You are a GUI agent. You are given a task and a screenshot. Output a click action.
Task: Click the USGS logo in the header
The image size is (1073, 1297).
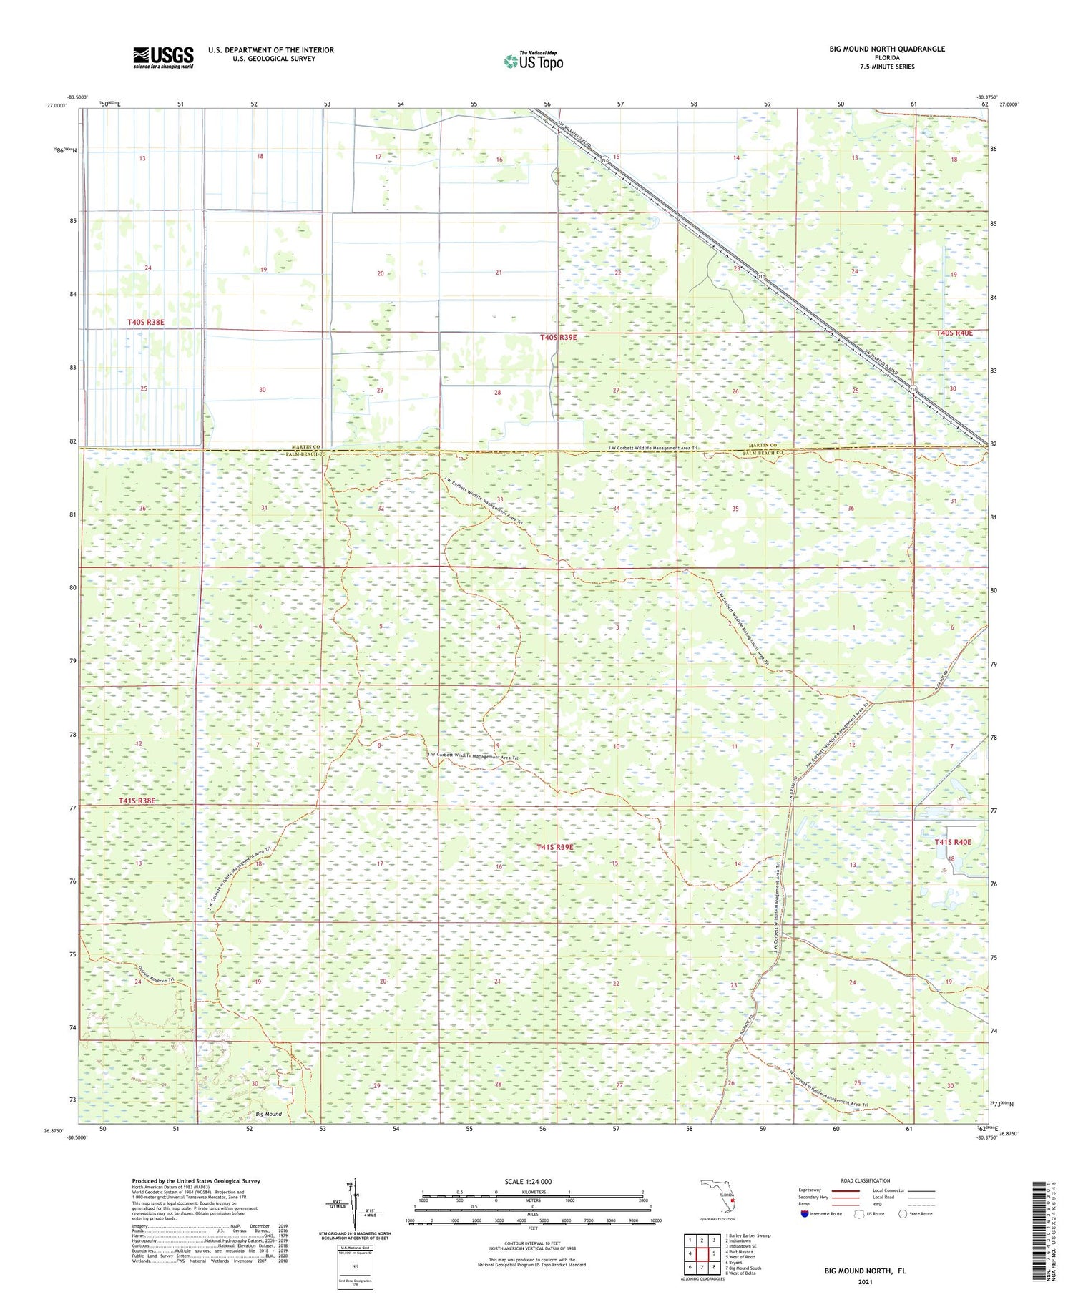pyautogui.click(x=163, y=57)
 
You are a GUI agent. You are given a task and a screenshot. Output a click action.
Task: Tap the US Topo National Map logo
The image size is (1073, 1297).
pyautogui.click(x=534, y=61)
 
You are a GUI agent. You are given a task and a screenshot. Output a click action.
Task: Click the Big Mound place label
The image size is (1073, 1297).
pyautogui.click(x=269, y=1114)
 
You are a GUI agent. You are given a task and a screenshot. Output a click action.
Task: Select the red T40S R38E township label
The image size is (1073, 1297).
pyautogui.click(x=146, y=323)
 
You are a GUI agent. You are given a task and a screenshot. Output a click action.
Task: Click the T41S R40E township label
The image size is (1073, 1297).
pyautogui.click(x=953, y=842)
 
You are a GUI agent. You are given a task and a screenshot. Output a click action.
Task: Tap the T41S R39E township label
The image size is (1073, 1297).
pyautogui.click(x=555, y=847)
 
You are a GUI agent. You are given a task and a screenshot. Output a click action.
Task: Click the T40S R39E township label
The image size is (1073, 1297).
pyautogui.click(x=559, y=337)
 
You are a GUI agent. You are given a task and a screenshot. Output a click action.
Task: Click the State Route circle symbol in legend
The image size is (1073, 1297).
pyautogui.click(x=903, y=1213)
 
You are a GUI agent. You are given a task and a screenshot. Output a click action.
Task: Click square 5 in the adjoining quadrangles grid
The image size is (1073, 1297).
pyautogui.click(x=713, y=1253)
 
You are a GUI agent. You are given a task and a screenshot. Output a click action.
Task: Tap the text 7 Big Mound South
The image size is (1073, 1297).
pyautogui.click(x=743, y=1268)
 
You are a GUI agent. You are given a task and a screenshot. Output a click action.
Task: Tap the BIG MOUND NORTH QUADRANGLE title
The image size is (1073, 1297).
pyautogui.click(x=887, y=49)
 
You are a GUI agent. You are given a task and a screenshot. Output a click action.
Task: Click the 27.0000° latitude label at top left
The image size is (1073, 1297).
pyautogui.click(x=57, y=105)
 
